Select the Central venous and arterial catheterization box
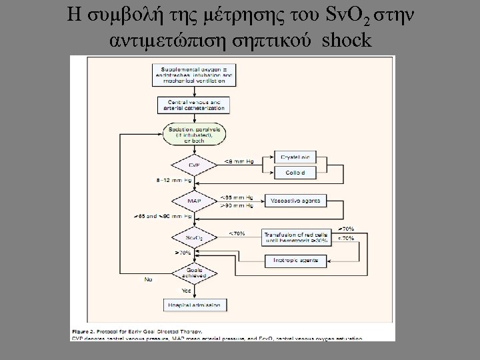click(x=193, y=105)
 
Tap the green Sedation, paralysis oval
click(x=193, y=133)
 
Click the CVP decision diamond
click(x=193, y=164)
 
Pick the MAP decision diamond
click(x=193, y=201)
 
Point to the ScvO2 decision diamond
click(x=193, y=237)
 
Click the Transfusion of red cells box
click(x=298, y=237)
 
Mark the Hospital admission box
click(x=193, y=305)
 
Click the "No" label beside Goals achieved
click(x=148, y=279)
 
